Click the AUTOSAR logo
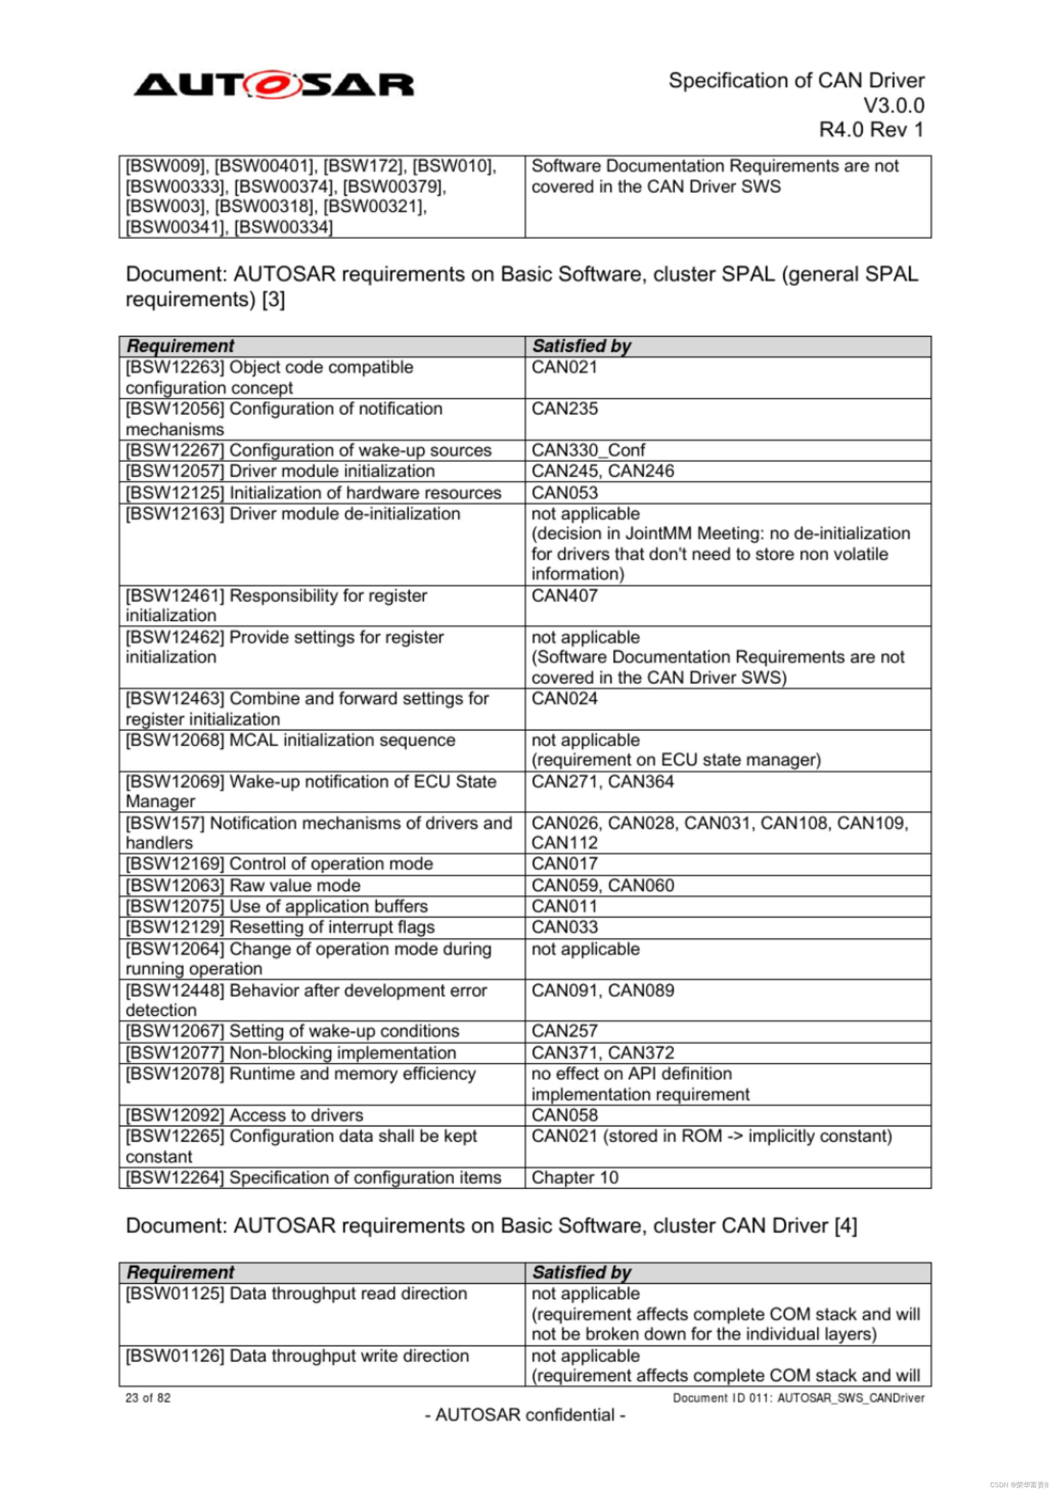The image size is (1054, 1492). click(x=274, y=85)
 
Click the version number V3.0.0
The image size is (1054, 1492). click(x=893, y=105)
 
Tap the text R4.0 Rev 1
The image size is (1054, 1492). click(x=871, y=130)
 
